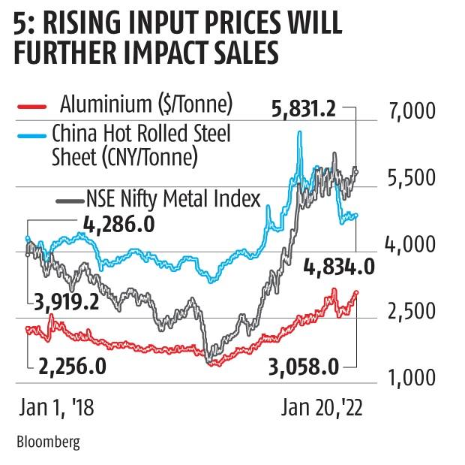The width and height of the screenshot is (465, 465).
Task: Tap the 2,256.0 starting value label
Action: (x=72, y=366)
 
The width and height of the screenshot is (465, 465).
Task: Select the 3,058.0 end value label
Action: (x=301, y=366)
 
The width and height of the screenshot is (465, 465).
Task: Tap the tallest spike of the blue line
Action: (x=300, y=133)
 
